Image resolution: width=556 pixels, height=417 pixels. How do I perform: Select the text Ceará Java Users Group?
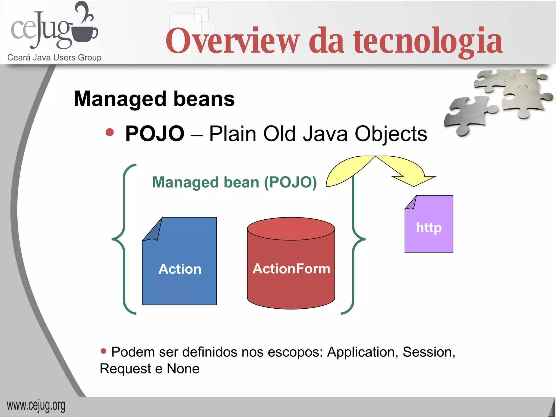(x=54, y=58)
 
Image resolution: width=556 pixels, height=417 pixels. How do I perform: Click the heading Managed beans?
(x=154, y=99)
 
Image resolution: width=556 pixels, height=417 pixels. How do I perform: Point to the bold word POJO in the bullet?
(x=155, y=134)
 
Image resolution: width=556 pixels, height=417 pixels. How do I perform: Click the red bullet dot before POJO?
(x=110, y=132)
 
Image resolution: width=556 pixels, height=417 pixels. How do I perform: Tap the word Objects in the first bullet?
(x=391, y=134)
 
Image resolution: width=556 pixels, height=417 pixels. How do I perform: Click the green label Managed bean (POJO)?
(x=235, y=182)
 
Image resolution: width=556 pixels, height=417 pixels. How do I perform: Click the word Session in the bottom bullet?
(x=427, y=352)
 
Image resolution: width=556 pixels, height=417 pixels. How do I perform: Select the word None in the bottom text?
(x=183, y=369)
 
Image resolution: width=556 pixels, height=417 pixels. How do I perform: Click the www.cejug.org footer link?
(x=36, y=406)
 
